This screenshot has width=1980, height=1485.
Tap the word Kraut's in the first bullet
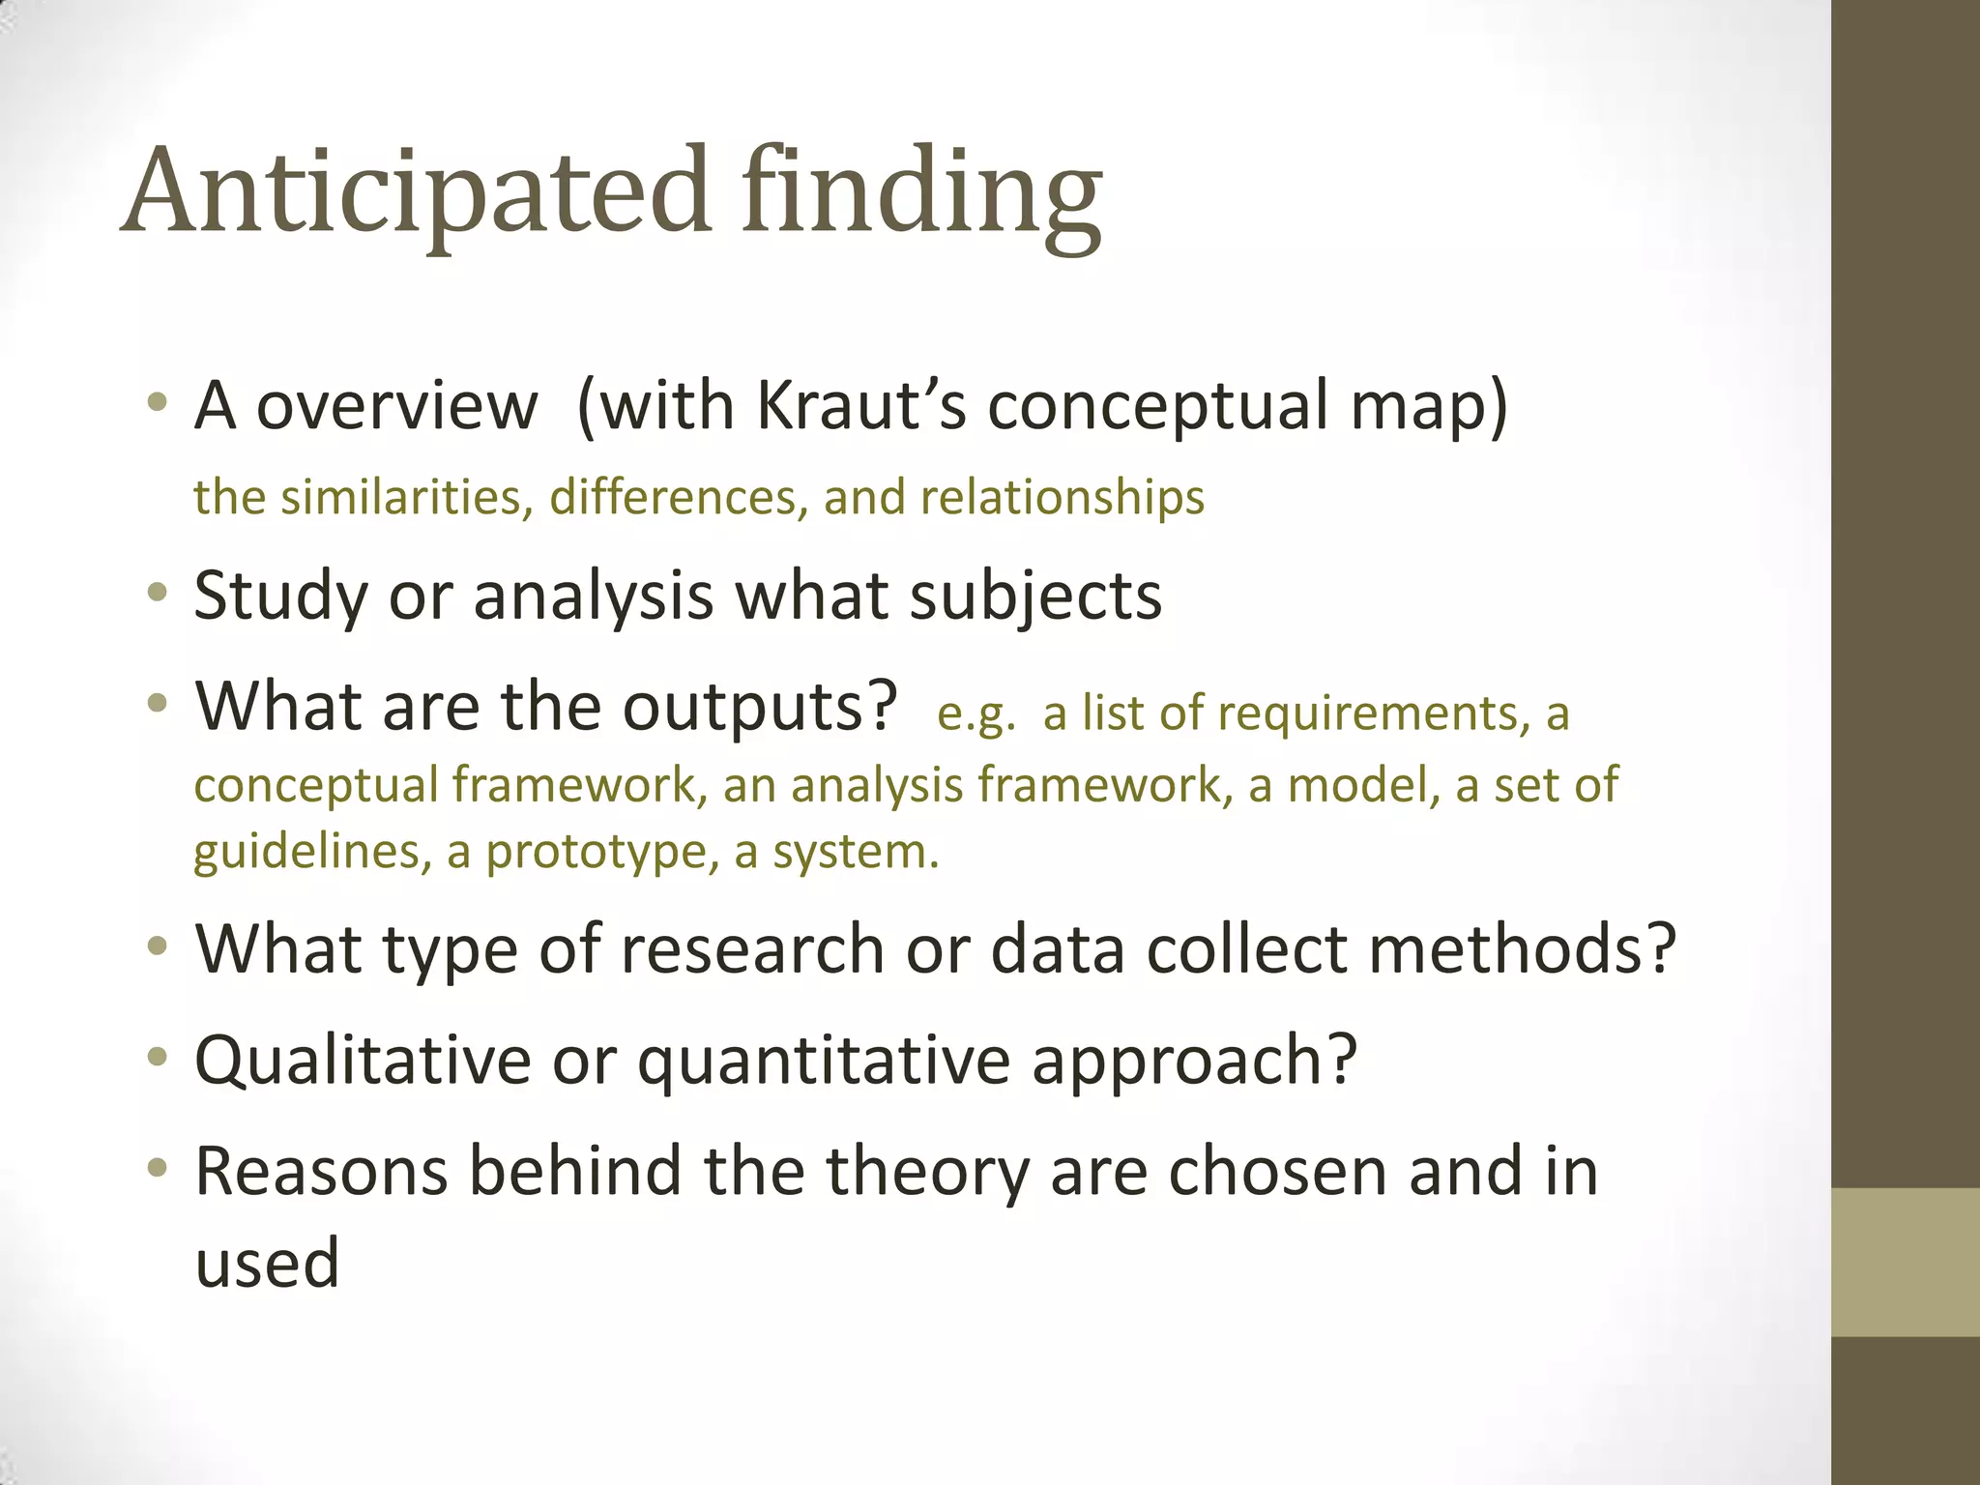pyautogui.click(x=861, y=405)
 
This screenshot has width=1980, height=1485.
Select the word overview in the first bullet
pyautogui.click(x=396, y=406)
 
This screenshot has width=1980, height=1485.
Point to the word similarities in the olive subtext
pyautogui.click(x=407, y=498)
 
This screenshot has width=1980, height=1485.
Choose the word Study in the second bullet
pyautogui.click(x=280, y=597)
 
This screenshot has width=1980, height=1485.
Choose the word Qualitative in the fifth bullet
pyautogui.click(x=363, y=1061)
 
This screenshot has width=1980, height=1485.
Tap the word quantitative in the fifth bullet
pyautogui.click(x=822, y=1061)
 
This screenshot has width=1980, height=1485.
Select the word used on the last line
pyautogui.click(x=267, y=1264)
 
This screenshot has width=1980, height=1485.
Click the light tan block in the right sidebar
pyautogui.click(x=1905, y=1262)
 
